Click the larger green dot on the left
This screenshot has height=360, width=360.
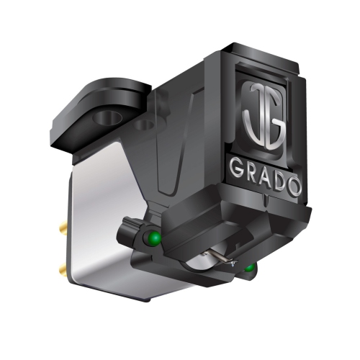click(153, 238)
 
